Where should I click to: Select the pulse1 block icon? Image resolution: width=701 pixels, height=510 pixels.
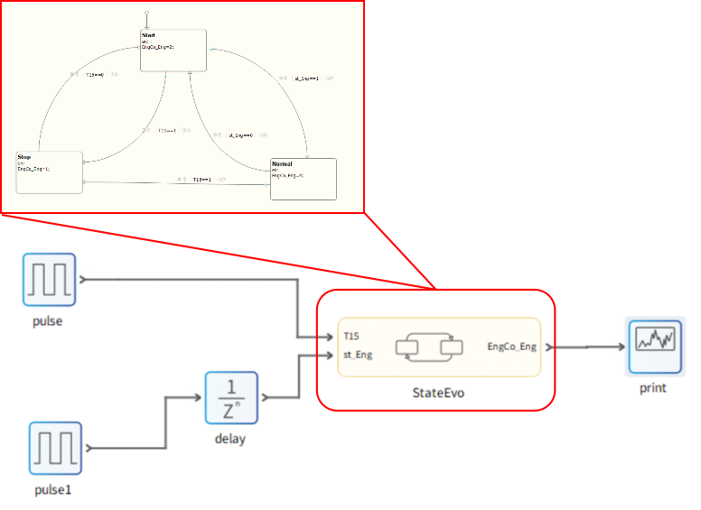55,448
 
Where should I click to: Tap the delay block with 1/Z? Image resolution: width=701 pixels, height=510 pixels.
231,397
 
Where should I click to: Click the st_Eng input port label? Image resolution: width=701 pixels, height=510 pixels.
358,355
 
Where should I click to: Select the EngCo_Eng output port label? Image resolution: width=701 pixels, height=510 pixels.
511,347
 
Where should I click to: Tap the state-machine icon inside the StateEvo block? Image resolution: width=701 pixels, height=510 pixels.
429,347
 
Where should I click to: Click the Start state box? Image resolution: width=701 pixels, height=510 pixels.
173,51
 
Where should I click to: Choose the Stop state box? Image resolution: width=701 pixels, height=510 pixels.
50,172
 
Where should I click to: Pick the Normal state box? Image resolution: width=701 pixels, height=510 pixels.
304,179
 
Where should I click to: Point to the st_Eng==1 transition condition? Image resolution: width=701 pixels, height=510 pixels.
304,79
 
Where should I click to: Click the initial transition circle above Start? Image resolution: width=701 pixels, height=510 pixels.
146,13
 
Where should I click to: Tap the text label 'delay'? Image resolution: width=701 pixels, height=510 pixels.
230,440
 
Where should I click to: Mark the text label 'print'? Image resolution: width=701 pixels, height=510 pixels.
652,388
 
